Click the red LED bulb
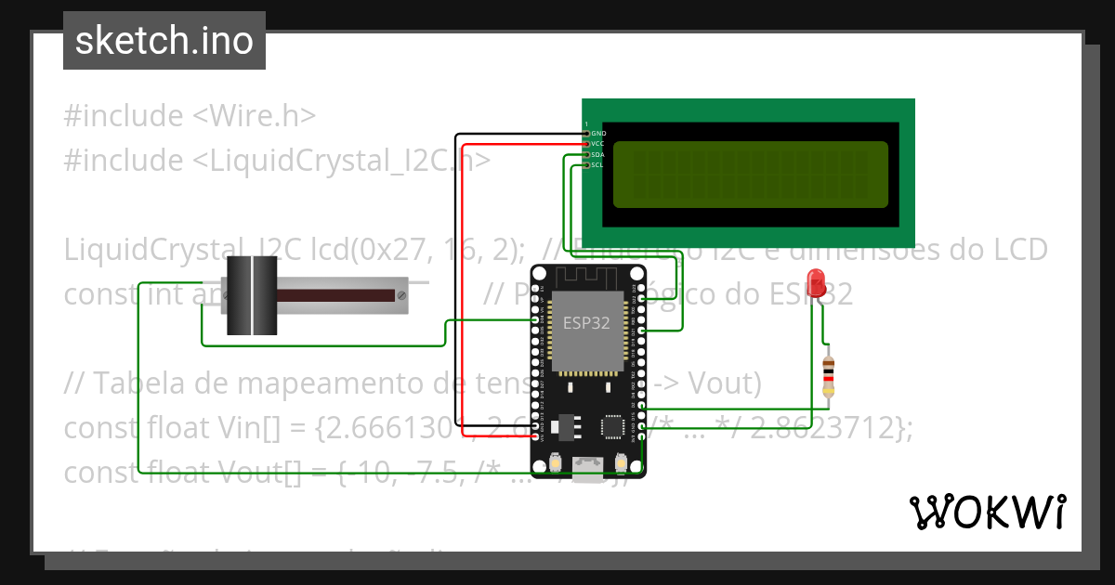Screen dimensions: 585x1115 (817, 282)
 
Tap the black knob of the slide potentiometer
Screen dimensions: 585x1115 (252, 296)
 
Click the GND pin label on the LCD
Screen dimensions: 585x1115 (598, 134)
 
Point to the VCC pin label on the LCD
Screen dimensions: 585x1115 (598, 144)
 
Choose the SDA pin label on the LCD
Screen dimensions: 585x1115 (598, 155)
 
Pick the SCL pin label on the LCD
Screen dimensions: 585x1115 (597, 165)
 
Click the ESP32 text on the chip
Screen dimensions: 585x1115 (586, 323)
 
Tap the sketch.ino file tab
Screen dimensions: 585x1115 (164, 41)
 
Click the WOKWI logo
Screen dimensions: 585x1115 (987, 512)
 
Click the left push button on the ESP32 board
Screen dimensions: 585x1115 (555, 461)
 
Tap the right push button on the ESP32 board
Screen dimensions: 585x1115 (620, 461)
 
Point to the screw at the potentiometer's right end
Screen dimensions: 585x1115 (400, 295)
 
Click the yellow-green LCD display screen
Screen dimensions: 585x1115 (750, 175)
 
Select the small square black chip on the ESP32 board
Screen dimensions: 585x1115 (613, 426)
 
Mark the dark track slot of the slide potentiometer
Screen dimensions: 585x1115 (334, 295)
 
